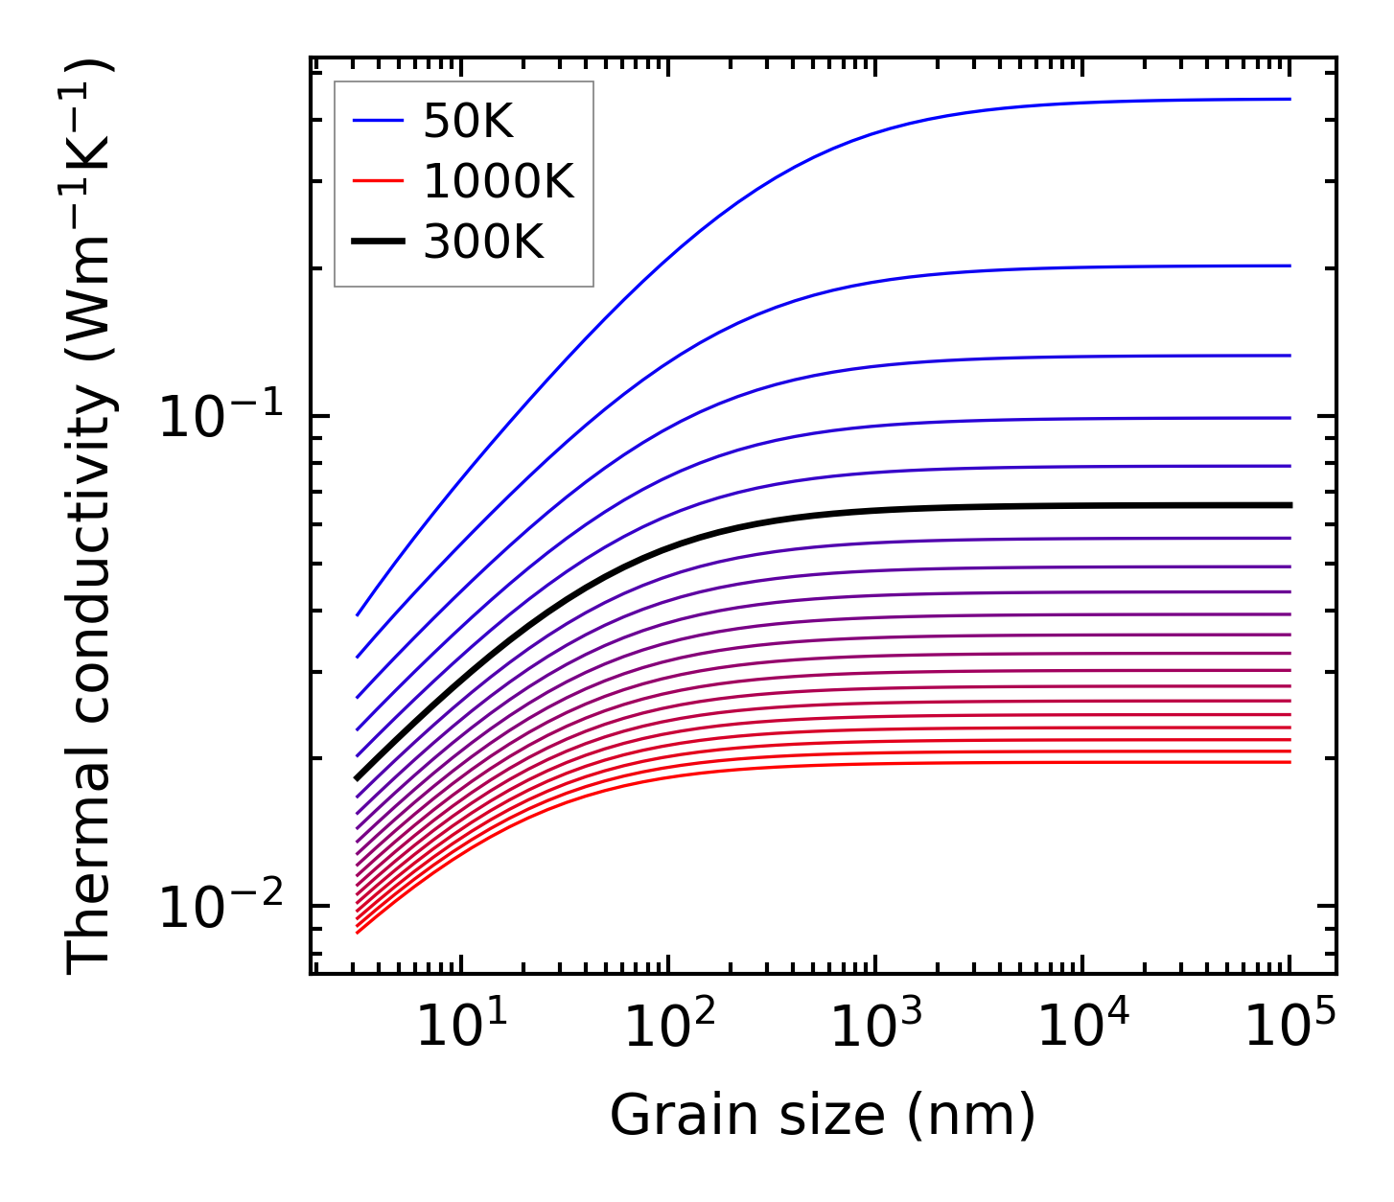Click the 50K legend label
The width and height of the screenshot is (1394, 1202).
(468, 122)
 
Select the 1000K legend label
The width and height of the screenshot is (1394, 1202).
(499, 182)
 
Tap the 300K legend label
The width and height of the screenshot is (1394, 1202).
(483, 243)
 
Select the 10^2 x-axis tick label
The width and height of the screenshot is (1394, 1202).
(668, 1029)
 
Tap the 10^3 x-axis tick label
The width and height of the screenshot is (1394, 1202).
(875, 1029)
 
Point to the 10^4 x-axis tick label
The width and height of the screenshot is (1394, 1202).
(1083, 1029)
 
